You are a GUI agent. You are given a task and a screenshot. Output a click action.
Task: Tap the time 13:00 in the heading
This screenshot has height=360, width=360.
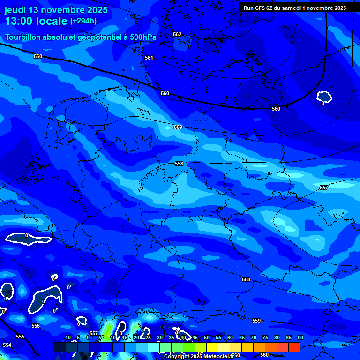(19, 21)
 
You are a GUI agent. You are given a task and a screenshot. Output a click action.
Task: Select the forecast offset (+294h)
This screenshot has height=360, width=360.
(83, 21)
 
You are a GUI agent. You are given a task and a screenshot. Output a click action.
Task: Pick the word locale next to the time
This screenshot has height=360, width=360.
(52, 21)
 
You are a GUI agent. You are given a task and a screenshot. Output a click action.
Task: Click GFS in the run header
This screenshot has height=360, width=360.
(259, 8)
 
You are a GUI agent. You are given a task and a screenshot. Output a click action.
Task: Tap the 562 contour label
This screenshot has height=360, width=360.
(177, 34)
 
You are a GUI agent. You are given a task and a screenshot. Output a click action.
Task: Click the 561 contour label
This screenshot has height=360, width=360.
(149, 58)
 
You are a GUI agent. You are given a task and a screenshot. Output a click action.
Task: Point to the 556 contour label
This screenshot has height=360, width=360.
(36, 326)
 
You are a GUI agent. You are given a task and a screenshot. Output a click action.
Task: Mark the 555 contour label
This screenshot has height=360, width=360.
(20, 337)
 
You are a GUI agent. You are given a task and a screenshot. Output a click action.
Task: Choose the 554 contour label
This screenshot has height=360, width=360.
(7, 345)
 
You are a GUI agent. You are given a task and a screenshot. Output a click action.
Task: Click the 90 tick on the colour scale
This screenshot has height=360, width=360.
(300, 338)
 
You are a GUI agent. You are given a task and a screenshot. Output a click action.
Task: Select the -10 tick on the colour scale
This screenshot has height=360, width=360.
(67, 338)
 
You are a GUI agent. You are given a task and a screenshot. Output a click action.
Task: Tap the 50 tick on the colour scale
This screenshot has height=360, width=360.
(207, 338)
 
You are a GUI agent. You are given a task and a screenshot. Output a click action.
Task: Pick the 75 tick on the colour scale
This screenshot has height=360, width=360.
(265, 338)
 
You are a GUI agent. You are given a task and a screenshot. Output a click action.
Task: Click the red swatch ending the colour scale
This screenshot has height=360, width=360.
(294, 347)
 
